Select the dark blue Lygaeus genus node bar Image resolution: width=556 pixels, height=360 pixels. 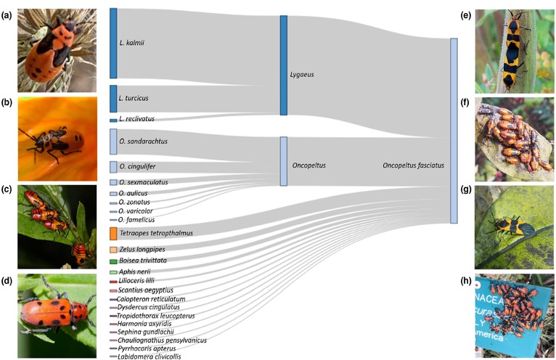click(x=284, y=65)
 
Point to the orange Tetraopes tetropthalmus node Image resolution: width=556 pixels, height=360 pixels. click(x=113, y=234)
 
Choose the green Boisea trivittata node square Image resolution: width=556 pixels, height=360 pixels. click(x=113, y=261)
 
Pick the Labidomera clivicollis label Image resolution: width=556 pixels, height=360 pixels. click(x=145, y=356)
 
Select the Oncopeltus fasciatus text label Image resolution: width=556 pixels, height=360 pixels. click(x=413, y=165)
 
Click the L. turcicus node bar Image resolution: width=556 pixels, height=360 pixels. click(x=113, y=98)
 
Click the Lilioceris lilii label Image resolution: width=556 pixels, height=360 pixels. click(x=137, y=281)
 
